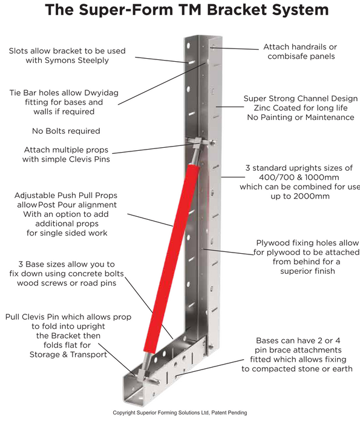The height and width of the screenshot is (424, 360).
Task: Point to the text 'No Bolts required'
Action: coord(65,131)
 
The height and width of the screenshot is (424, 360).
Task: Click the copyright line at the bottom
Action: coord(180,412)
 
